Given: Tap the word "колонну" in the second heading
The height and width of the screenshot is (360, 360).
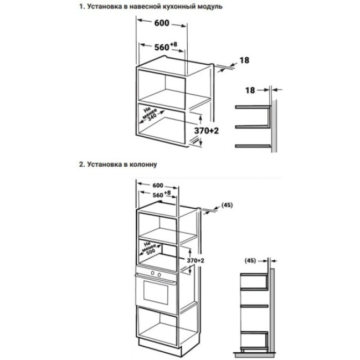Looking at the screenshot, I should tap(143, 164).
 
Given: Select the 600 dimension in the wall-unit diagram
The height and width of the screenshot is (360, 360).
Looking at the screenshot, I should tap(161, 24).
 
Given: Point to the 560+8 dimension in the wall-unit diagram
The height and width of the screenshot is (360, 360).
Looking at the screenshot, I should tap(163, 47).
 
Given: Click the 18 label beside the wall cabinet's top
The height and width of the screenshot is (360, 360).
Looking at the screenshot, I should tap(244, 60).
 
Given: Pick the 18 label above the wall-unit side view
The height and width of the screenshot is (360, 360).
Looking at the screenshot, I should tap(250, 89).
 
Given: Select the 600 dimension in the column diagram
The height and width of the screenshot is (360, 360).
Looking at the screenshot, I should tap(158, 185).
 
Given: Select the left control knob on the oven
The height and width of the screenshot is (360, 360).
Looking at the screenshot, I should tap(153, 274).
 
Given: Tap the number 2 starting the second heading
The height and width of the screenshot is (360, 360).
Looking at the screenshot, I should tap(81, 164).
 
